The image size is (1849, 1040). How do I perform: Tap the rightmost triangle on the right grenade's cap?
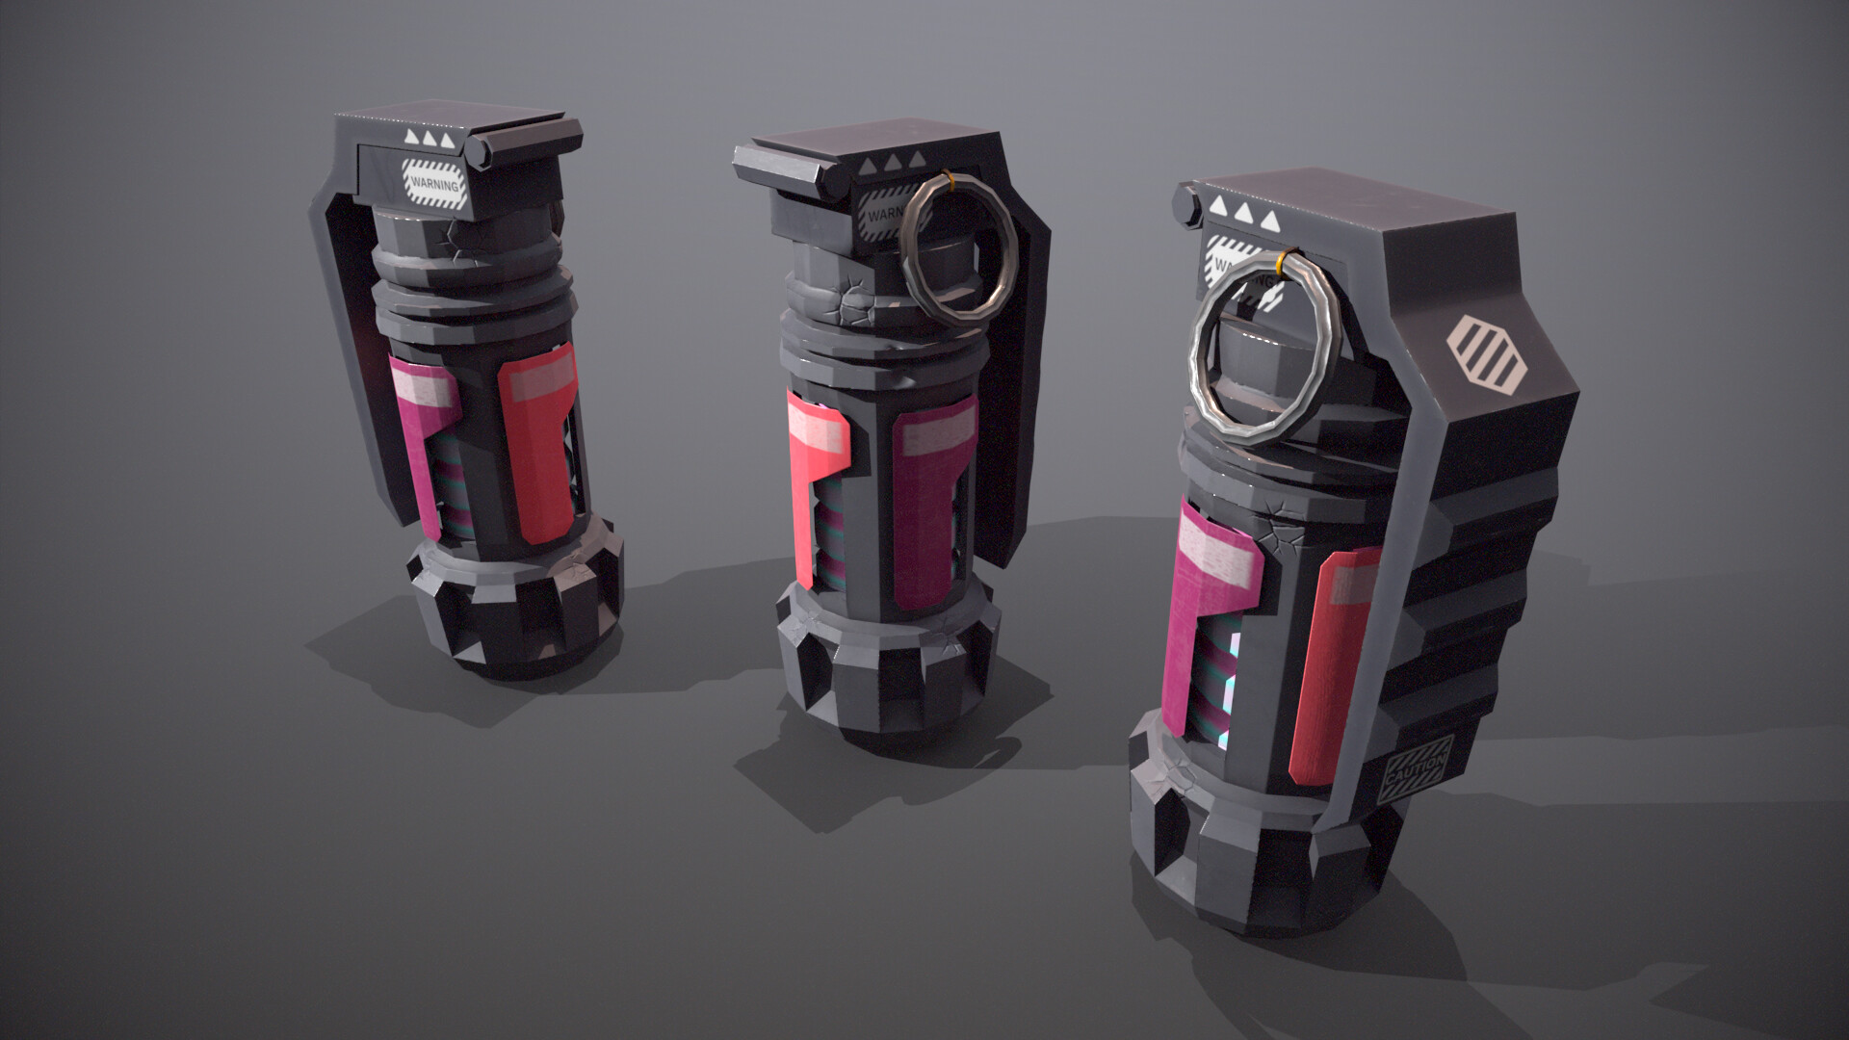(1270, 222)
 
